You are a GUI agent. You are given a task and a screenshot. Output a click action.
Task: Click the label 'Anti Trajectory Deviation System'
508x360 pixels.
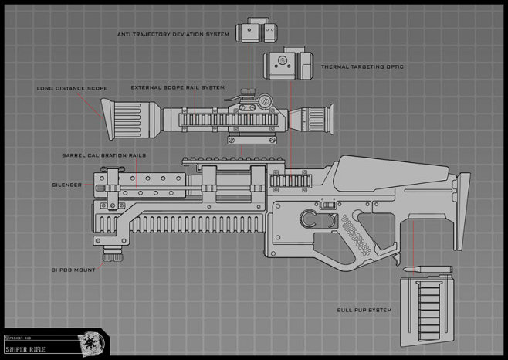(173, 35)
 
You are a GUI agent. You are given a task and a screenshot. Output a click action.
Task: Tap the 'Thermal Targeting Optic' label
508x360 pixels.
(361, 67)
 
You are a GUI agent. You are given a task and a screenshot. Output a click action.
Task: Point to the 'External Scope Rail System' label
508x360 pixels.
(178, 87)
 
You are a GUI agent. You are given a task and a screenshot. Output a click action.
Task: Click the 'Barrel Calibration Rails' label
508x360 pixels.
(103, 155)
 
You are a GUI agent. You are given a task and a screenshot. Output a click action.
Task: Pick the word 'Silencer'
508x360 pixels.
(67, 185)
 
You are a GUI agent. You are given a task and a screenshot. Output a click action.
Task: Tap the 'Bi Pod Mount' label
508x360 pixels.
(74, 270)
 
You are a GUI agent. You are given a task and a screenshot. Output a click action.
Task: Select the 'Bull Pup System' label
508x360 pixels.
(364, 310)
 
